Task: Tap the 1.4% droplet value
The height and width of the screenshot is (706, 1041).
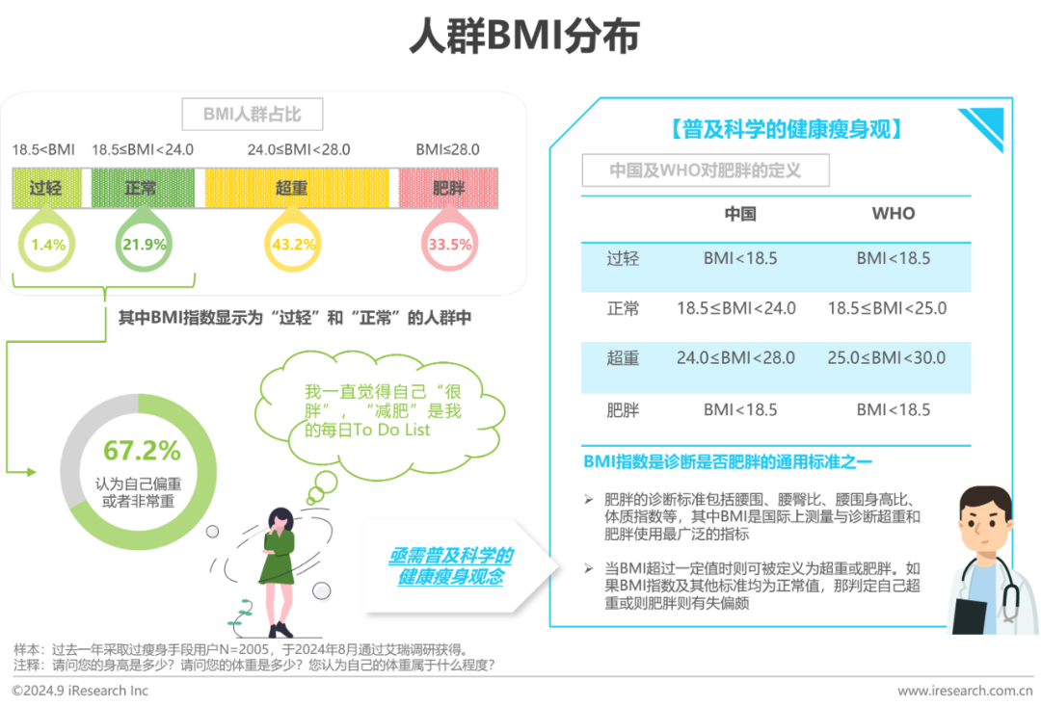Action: click(48, 245)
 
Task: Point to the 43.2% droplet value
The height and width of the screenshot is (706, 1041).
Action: click(294, 245)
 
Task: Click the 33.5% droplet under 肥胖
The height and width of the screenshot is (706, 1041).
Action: click(450, 245)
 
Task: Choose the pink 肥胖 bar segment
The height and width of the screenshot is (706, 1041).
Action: click(450, 188)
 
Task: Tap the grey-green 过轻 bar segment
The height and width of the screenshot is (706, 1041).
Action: click(46, 188)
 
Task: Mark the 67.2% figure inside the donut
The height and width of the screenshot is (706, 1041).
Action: click(142, 450)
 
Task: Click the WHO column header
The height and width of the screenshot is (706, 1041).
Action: click(894, 214)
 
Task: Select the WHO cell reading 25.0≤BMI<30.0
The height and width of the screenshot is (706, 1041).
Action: click(887, 358)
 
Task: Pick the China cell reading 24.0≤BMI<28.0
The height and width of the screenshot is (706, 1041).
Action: click(736, 358)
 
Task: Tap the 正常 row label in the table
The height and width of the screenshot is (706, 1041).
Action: click(623, 309)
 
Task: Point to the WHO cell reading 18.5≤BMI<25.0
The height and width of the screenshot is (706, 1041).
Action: click(887, 309)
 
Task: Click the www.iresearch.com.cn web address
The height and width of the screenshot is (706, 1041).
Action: click(966, 691)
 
